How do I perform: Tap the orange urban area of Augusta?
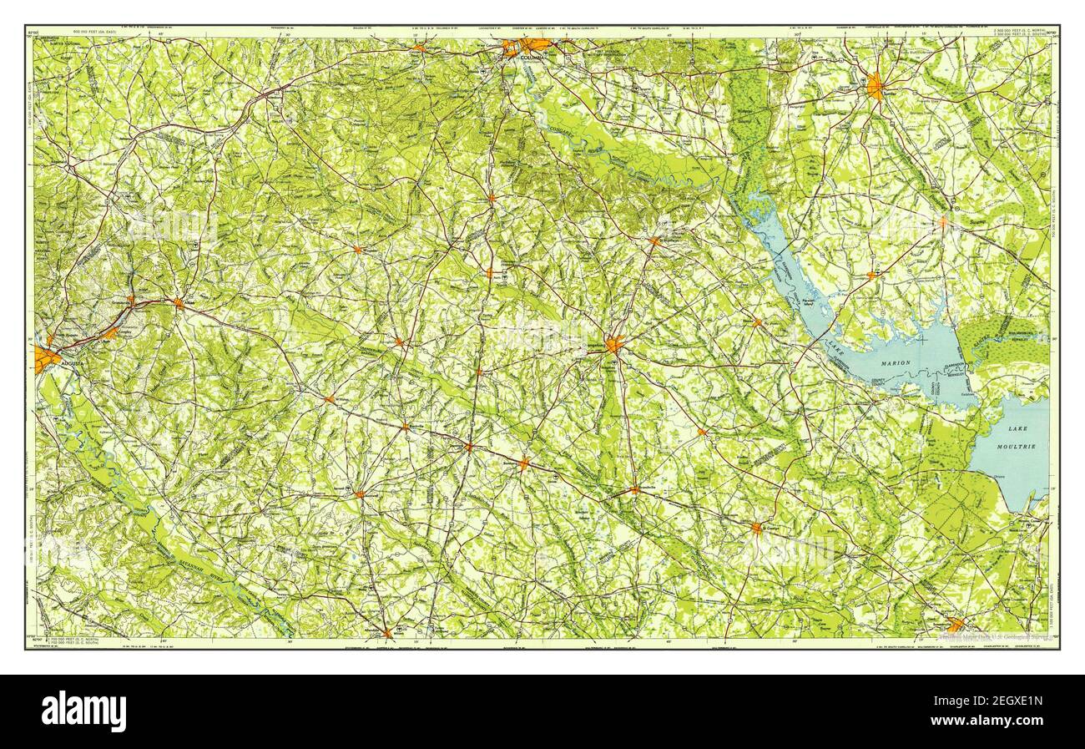[x=47, y=359]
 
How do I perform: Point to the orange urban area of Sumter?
[x=875, y=85]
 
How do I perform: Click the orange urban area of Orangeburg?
[x=614, y=344]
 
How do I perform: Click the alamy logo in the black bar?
[x=83, y=711]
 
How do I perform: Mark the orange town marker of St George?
[x=756, y=528]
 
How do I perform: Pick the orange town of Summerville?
[x=956, y=624]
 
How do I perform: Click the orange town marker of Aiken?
[x=179, y=303]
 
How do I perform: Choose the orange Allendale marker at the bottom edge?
[x=386, y=632]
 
